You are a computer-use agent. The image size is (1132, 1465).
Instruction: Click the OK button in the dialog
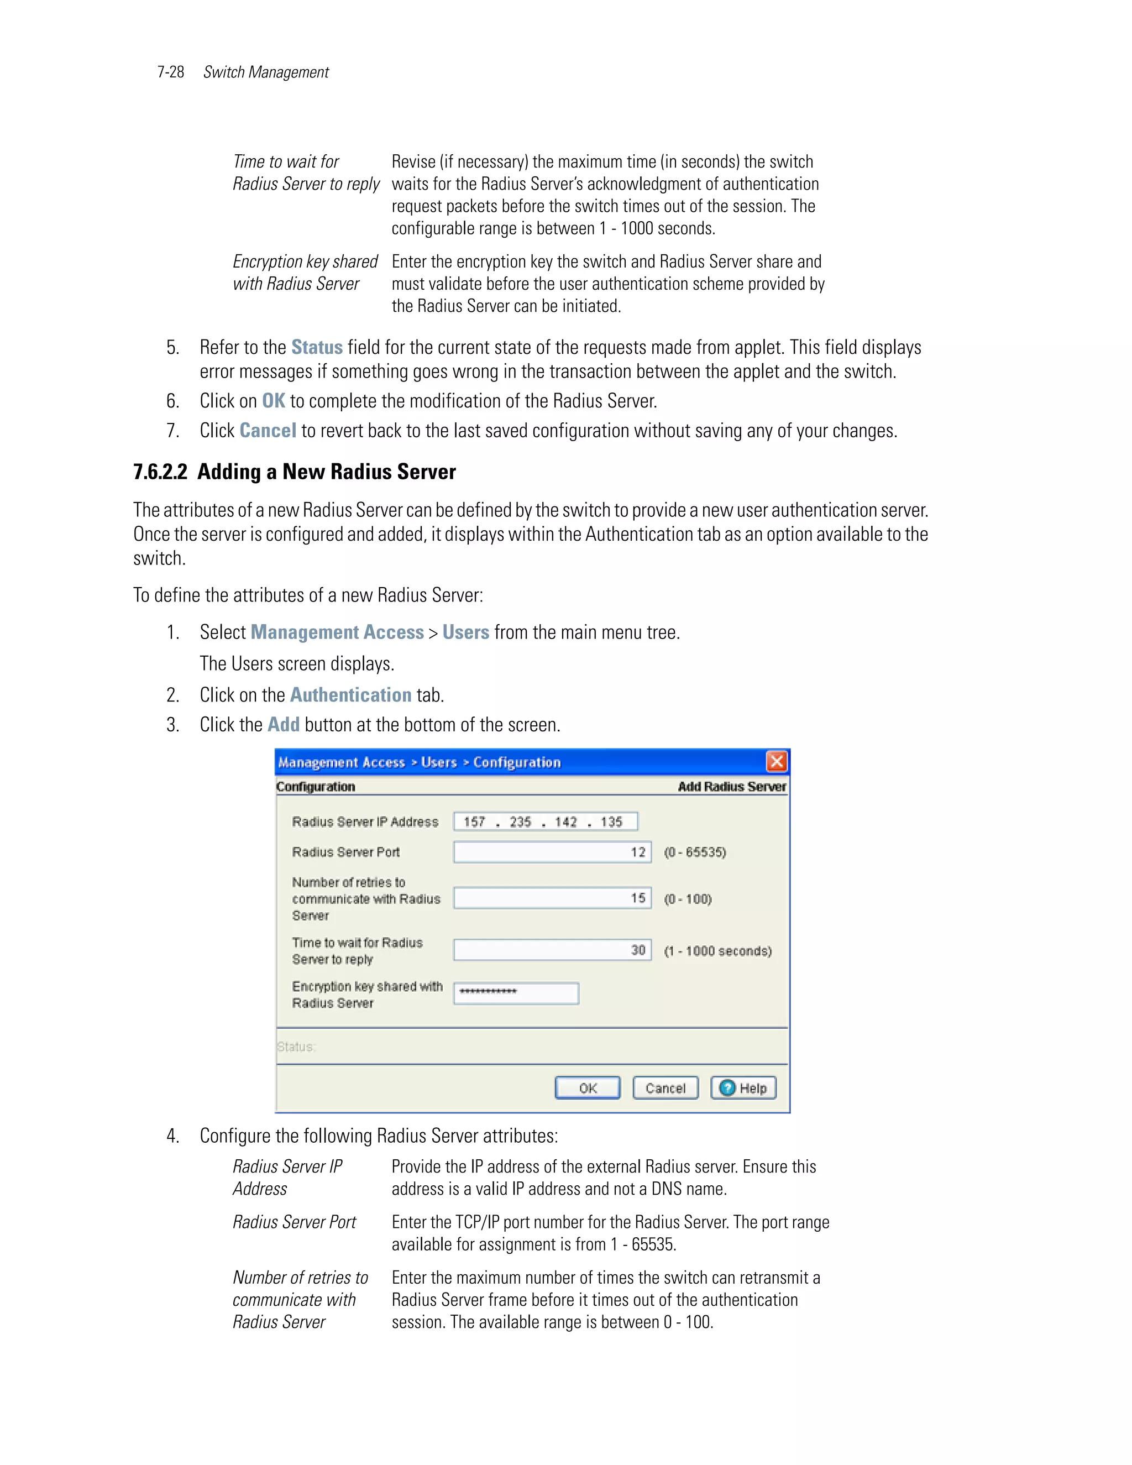point(588,1088)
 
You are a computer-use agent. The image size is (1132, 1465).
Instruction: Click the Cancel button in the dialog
point(665,1088)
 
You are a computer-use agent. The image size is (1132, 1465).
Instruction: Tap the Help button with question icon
point(743,1088)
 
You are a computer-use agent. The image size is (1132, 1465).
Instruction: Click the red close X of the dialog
point(777,761)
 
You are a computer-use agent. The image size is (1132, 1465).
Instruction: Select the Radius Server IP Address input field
point(544,822)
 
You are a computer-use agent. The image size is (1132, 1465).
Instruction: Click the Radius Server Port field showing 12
point(552,852)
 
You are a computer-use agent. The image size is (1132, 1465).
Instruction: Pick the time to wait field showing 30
point(552,950)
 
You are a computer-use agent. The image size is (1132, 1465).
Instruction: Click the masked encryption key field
point(516,993)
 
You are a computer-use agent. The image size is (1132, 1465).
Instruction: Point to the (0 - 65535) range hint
point(695,852)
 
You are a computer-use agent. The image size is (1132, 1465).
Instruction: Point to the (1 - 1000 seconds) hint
point(717,950)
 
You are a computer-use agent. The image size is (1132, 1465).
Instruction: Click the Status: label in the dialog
point(296,1047)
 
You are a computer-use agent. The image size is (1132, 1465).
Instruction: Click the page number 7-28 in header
point(170,72)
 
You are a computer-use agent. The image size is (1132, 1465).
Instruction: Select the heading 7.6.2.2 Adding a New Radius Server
point(295,472)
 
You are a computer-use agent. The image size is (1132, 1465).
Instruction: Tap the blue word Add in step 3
point(283,724)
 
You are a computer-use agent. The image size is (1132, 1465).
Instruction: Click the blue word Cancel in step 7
point(268,430)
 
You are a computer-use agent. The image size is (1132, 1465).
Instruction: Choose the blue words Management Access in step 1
point(337,632)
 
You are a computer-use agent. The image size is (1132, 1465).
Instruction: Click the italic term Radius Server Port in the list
point(294,1222)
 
